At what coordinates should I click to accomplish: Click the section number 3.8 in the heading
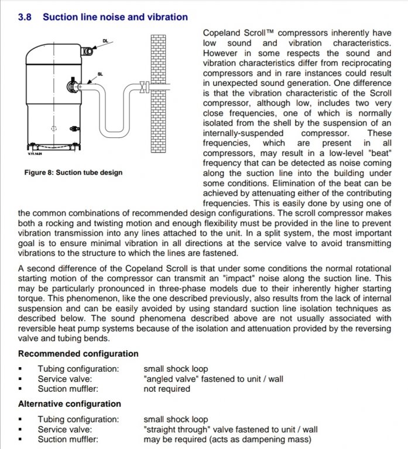25,17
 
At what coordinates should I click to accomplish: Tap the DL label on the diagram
105,40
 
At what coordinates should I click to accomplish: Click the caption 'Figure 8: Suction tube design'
73,173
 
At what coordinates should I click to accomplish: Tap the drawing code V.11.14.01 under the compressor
36,154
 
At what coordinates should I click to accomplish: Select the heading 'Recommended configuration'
78,354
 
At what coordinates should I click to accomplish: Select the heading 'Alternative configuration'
70,403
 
